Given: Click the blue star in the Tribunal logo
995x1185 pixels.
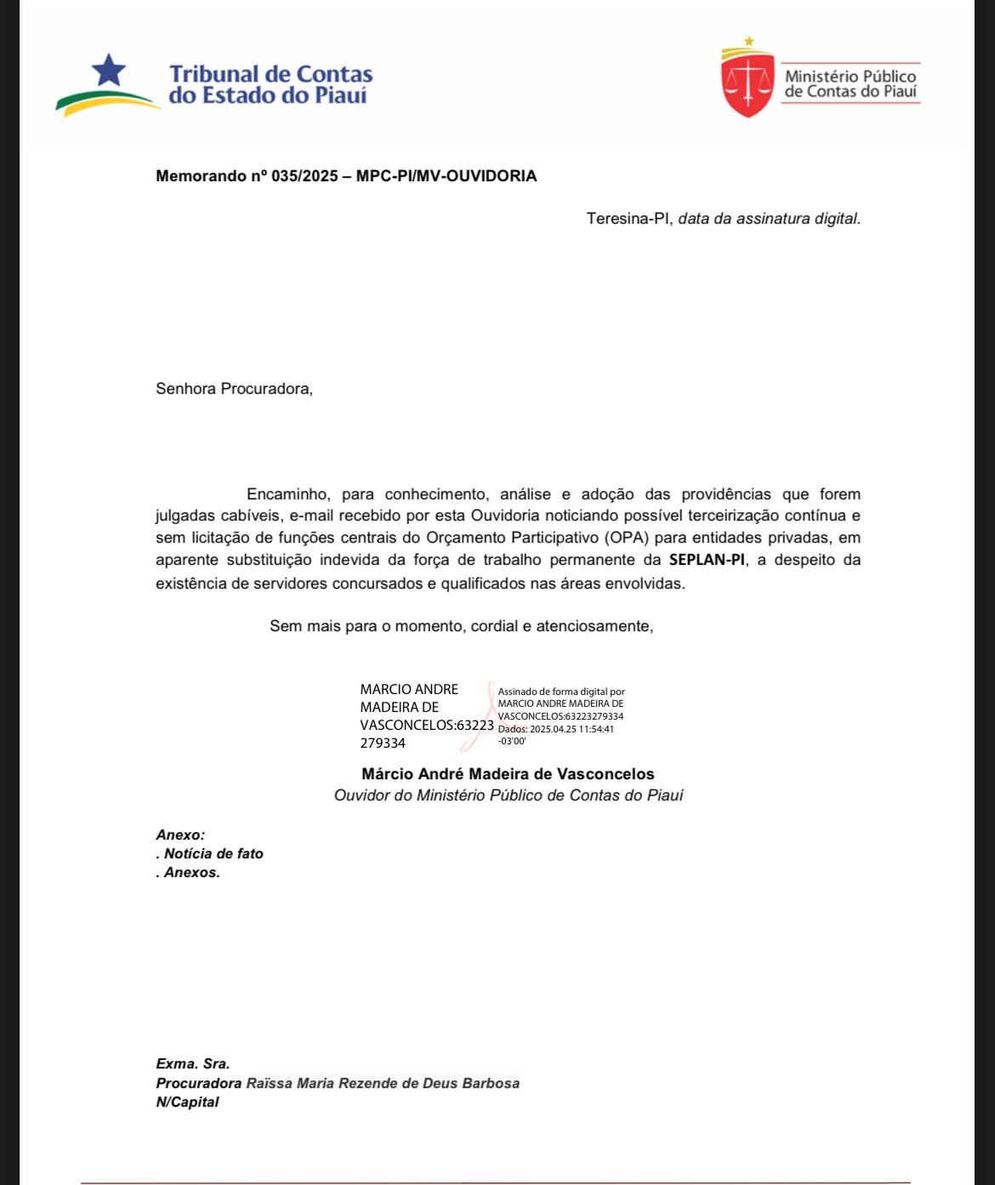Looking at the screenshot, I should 109,70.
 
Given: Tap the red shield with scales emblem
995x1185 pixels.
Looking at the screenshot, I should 748,83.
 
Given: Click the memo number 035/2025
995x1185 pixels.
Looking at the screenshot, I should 303,176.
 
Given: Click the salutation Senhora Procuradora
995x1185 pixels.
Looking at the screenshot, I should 234,389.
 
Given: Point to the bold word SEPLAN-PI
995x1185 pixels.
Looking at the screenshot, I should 707,560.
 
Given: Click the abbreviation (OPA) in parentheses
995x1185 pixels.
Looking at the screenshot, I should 627,538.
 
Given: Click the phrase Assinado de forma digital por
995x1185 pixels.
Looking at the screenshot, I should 561,692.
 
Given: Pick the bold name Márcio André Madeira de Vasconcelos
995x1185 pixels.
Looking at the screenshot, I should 508,774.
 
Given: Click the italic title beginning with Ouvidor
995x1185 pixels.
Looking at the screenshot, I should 508,795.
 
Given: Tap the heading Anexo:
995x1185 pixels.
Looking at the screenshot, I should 180,835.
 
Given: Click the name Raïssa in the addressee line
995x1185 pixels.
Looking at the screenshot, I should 269,1083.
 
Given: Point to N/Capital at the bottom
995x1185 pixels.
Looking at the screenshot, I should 187,1102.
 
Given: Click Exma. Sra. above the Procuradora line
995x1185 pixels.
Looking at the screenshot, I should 193,1063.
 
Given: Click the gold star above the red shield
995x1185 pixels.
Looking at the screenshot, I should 748,40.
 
